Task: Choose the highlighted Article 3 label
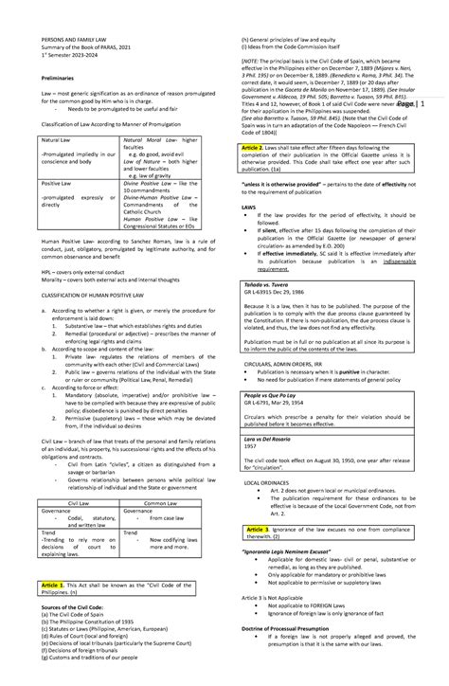tap(258, 528)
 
